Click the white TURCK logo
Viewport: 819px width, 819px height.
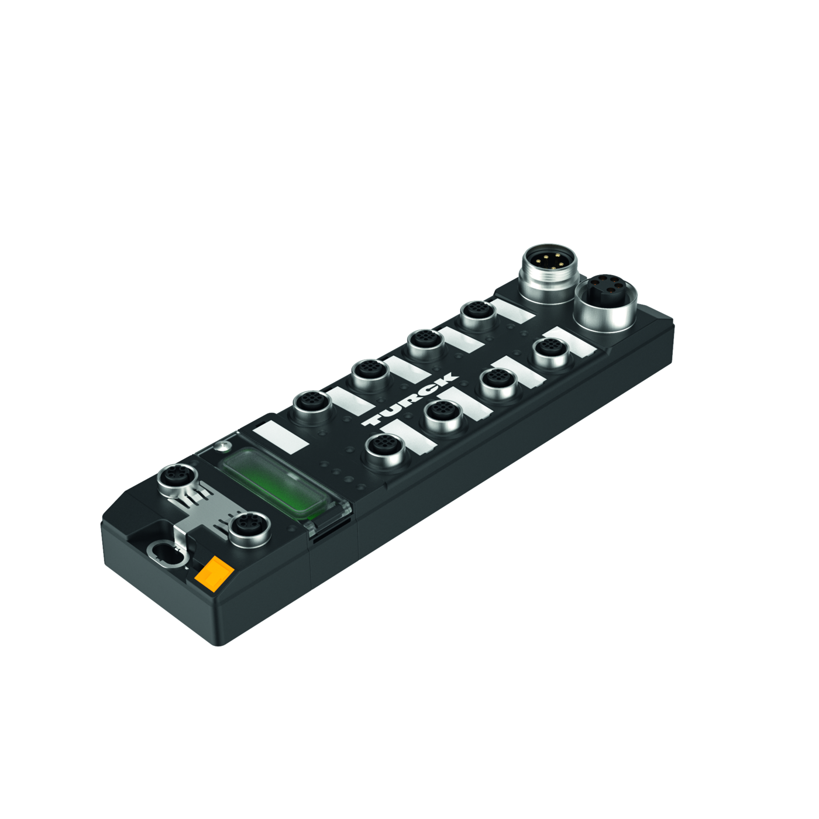[409, 399]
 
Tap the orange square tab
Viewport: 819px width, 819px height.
[214, 568]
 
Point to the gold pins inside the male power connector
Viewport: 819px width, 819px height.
[549, 261]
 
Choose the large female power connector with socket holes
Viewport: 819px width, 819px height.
[605, 302]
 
